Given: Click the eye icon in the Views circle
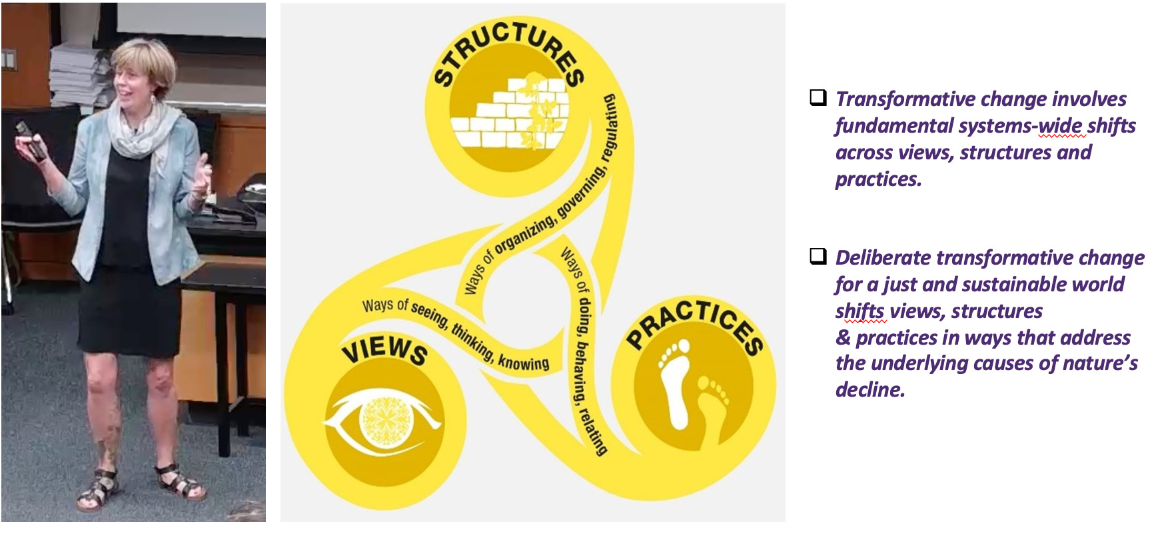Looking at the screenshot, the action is click(x=382, y=421).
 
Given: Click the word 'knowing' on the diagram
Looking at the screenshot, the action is click(x=524, y=362).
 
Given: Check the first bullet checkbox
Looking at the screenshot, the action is click(x=818, y=98).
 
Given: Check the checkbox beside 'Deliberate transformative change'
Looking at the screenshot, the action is click(x=818, y=257).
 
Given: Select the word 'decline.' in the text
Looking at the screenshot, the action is click(x=869, y=389).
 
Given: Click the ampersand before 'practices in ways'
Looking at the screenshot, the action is click(x=843, y=337).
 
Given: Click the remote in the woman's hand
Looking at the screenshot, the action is click(x=31, y=139).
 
